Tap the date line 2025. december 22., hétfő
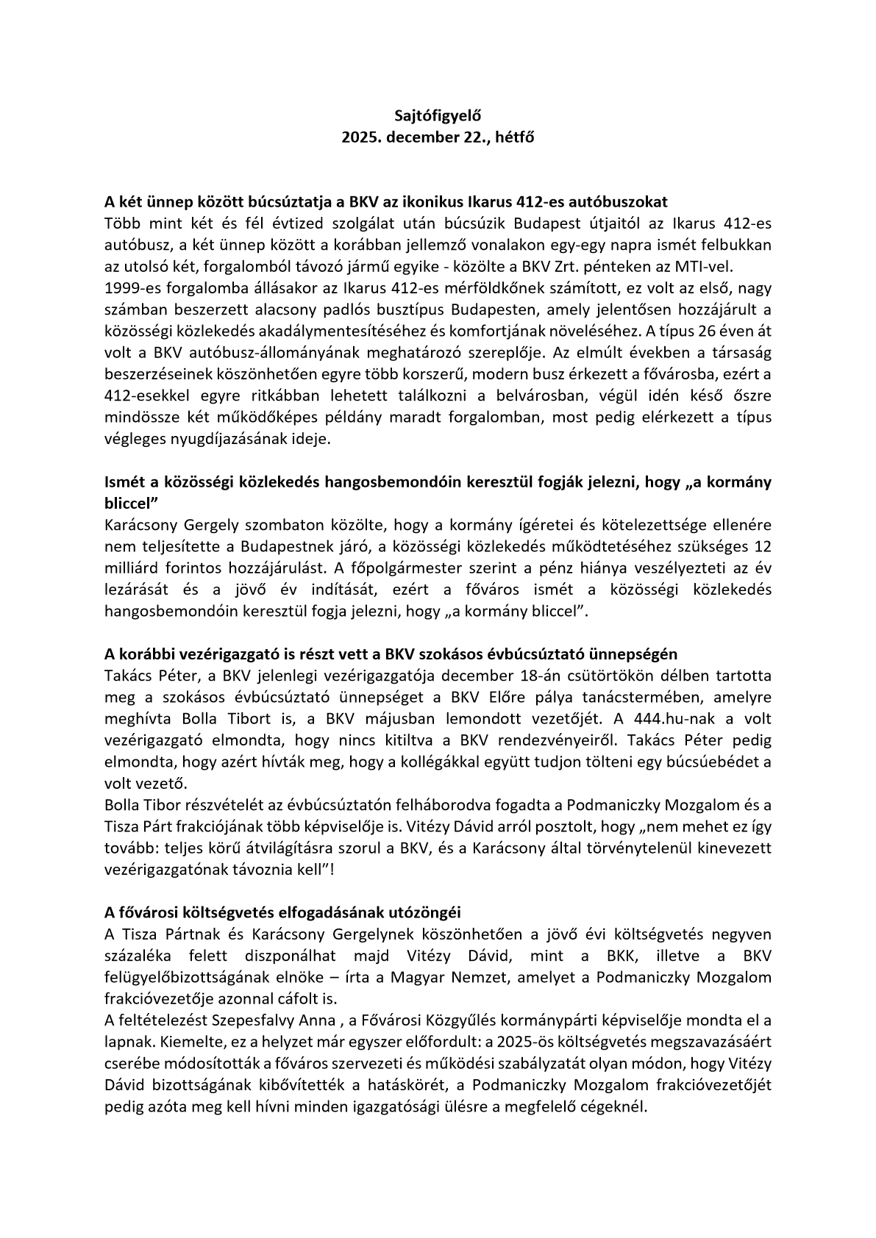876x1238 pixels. point(437,137)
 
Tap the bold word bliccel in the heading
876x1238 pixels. point(129,504)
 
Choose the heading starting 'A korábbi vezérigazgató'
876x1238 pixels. point(391,654)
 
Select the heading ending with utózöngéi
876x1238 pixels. point(282,912)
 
